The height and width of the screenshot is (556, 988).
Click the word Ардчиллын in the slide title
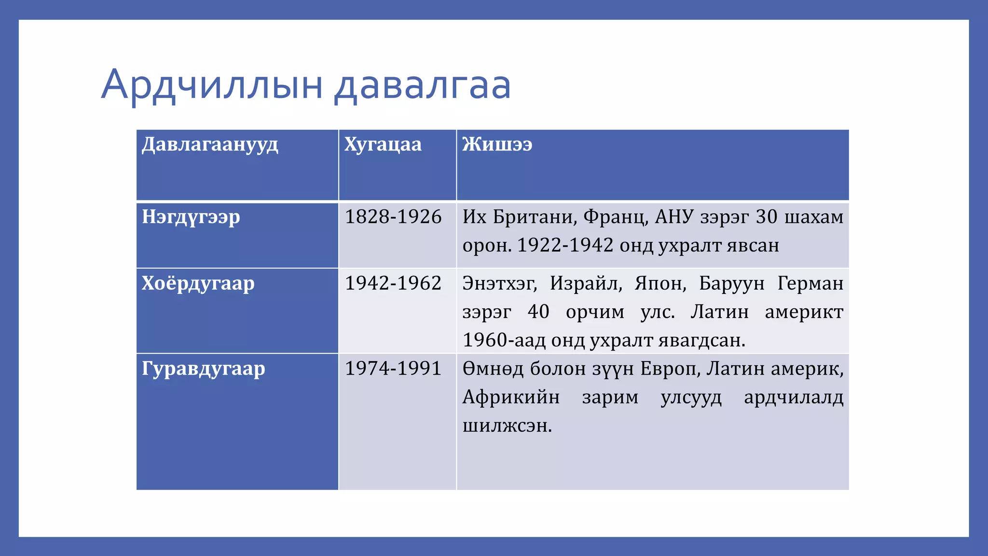pyautogui.click(x=212, y=85)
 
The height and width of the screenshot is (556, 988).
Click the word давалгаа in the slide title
pyautogui.click(x=423, y=85)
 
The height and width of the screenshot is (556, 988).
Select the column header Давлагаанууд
pyautogui.click(x=210, y=144)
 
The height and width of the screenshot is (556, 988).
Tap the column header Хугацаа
pyautogui.click(x=383, y=144)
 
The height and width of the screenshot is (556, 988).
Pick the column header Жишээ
pyautogui.click(x=497, y=144)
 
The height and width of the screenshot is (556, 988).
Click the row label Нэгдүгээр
pyautogui.click(x=191, y=217)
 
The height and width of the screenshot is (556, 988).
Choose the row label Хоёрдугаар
pyautogui.click(x=198, y=283)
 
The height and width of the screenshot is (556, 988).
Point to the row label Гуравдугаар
pyautogui.click(x=203, y=369)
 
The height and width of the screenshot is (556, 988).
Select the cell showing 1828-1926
pyautogui.click(x=393, y=217)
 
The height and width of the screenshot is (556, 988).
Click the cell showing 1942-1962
pyautogui.click(x=393, y=283)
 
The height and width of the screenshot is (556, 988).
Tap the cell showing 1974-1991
pyautogui.click(x=393, y=369)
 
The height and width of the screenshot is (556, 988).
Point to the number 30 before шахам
pyautogui.click(x=766, y=217)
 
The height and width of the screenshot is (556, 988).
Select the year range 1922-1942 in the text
pyautogui.click(x=565, y=246)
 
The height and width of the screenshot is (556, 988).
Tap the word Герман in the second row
pyautogui.click(x=810, y=283)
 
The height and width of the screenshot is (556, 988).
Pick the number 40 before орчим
pyautogui.click(x=538, y=312)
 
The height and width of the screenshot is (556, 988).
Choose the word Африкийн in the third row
pyautogui.click(x=511, y=397)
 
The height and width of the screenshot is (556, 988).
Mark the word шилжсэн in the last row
pyautogui.click(x=507, y=426)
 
